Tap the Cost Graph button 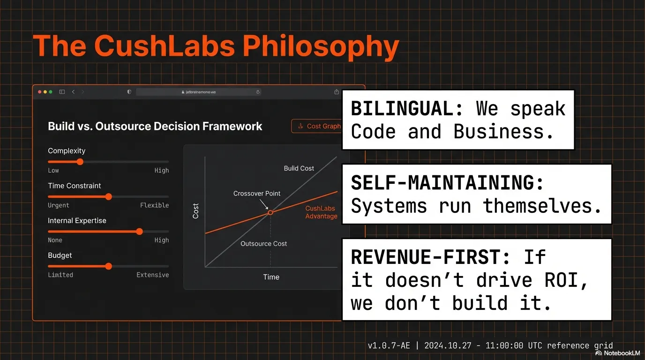(x=318, y=126)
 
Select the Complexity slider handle (x=80, y=162)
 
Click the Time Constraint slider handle (x=108, y=197)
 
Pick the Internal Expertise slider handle (x=139, y=232)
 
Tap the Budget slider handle (x=108, y=266)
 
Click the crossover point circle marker (x=270, y=213)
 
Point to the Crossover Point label (x=257, y=193)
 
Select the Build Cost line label (x=299, y=168)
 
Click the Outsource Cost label (x=263, y=244)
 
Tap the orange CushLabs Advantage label (x=321, y=212)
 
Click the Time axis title (x=271, y=277)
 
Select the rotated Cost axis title (x=196, y=211)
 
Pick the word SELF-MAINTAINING (x=448, y=183)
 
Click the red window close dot (x=40, y=92)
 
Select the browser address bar (x=199, y=92)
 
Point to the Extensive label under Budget (x=152, y=275)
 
